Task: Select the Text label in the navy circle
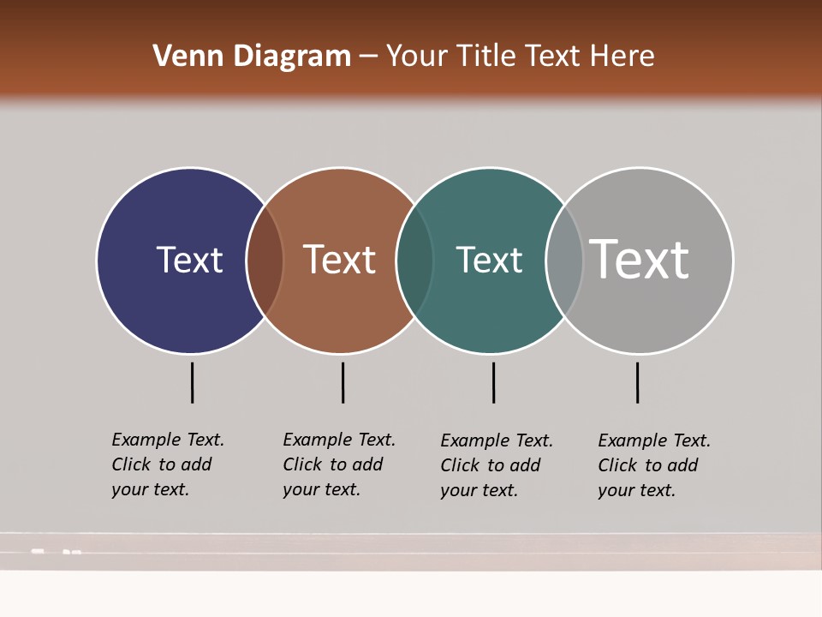point(189,260)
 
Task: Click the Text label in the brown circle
point(339,260)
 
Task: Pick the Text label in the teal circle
point(489,260)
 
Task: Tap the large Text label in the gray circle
point(640,259)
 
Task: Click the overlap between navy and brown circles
point(265,261)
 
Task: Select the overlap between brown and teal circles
point(414,261)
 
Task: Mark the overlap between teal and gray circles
point(564,261)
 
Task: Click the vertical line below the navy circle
point(193,382)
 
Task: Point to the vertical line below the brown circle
point(342,382)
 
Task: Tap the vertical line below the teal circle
point(493,382)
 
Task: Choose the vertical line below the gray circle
point(637,382)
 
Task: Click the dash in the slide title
point(368,57)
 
